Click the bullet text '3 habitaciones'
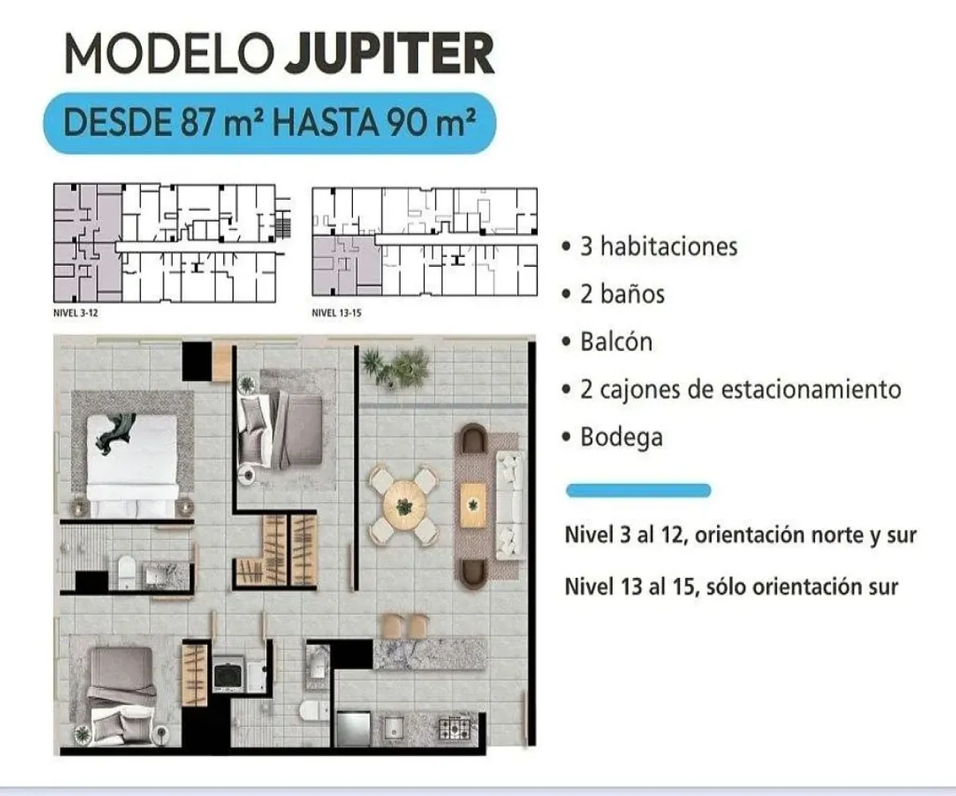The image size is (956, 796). point(658,246)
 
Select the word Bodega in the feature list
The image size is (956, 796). point(621,437)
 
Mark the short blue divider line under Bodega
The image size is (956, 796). point(638,490)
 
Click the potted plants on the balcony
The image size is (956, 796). point(394,369)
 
